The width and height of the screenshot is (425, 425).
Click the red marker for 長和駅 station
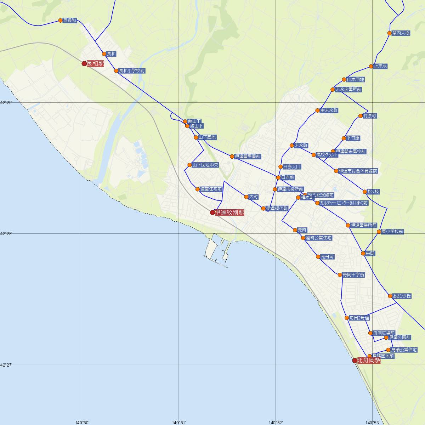click(x=84, y=63)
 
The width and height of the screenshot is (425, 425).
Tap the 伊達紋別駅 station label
click(x=229, y=212)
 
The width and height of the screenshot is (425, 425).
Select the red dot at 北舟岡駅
click(x=355, y=361)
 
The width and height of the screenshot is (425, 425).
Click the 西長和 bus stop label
click(x=70, y=21)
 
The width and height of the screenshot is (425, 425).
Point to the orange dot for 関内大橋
click(x=390, y=33)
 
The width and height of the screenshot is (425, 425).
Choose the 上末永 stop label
click(x=380, y=66)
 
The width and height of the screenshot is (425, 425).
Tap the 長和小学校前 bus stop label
click(x=131, y=71)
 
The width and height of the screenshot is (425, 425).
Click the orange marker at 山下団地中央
click(x=189, y=165)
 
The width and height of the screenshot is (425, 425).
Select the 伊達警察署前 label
click(x=248, y=156)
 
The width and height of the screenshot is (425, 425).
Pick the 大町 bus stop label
click(x=254, y=197)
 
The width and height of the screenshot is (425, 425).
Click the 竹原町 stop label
click(x=370, y=116)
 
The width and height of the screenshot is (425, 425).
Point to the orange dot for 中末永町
click(x=318, y=110)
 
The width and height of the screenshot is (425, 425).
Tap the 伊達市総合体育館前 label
click(x=358, y=171)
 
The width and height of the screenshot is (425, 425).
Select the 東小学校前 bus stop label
click(x=392, y=232)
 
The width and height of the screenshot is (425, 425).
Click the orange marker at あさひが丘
click(x=390, y=296)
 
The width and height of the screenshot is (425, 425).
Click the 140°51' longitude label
click(x=179, y=422)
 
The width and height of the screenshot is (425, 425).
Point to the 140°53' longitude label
click(x=373, y=422)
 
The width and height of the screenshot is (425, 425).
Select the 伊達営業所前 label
click(x=364, y=225)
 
